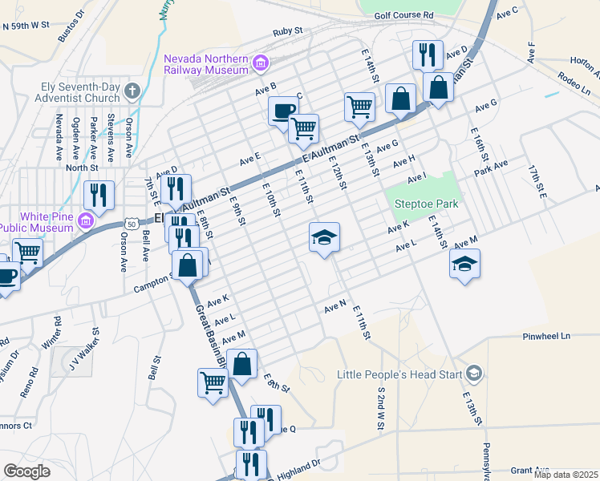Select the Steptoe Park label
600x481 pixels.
coord(426,204)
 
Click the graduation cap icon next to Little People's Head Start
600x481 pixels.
coord(474,373)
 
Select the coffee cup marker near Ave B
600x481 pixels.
coord(282,111)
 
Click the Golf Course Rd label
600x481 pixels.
coord(403,14)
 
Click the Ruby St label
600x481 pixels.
coord(286,31)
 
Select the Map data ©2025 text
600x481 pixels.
coord(566,475)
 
